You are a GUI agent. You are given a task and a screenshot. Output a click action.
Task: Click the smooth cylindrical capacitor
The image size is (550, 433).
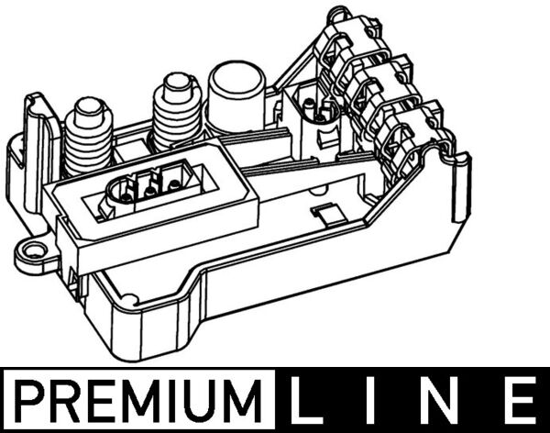pyautogui.click(x=236, y=99)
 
